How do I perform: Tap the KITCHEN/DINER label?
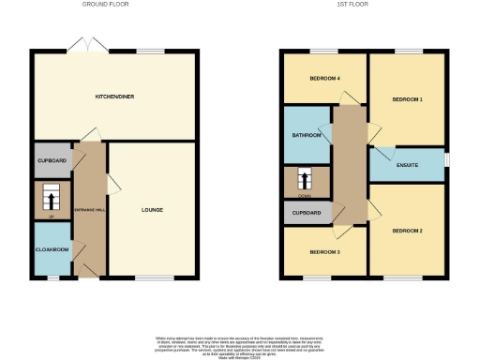[113, 97]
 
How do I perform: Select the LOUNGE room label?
[152, 209]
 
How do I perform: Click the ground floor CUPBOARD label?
[51, 160]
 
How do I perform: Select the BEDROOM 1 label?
[407, 99]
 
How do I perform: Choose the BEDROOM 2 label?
[407, 230]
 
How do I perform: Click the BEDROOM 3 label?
[324, 252]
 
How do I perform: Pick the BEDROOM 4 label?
[324, 78]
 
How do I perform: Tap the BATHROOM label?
[307, 135]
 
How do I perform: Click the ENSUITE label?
[407, 165]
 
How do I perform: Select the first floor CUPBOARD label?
[307, 213]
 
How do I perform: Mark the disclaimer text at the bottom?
[239, 342]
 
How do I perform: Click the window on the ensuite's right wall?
[445, 161]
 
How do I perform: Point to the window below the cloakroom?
[53, 277]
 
